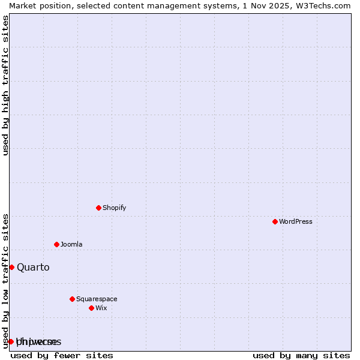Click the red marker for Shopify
point(98,208)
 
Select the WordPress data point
point(275,221)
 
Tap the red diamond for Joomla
point(56,244)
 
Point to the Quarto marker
point(11,267)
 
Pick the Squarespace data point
point(72,299)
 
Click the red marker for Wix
point(91,308)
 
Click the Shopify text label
point(114,208)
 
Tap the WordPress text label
point(295,221)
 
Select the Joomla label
point(71,244)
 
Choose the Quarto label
point(33,267)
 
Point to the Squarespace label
point(97,299)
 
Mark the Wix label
point(101,308)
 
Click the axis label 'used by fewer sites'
point(62,355)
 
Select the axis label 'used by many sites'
point(301,355)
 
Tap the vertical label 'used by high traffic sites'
point(5,85)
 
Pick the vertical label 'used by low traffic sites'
point(5,280)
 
